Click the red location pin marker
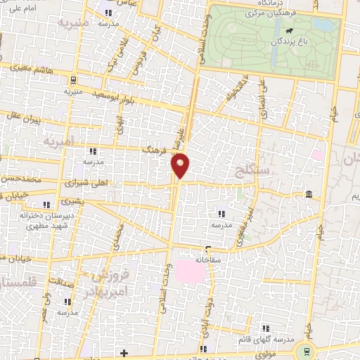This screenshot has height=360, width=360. (181, 165)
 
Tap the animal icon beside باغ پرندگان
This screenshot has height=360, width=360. (288, 32)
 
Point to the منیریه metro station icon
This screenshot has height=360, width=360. (74, 79)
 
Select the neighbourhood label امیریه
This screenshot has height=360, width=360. (59, 141)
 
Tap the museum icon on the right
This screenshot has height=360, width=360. (309, 194)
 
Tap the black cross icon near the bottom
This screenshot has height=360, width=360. (124, 352)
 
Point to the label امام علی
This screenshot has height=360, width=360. (21, 8)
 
